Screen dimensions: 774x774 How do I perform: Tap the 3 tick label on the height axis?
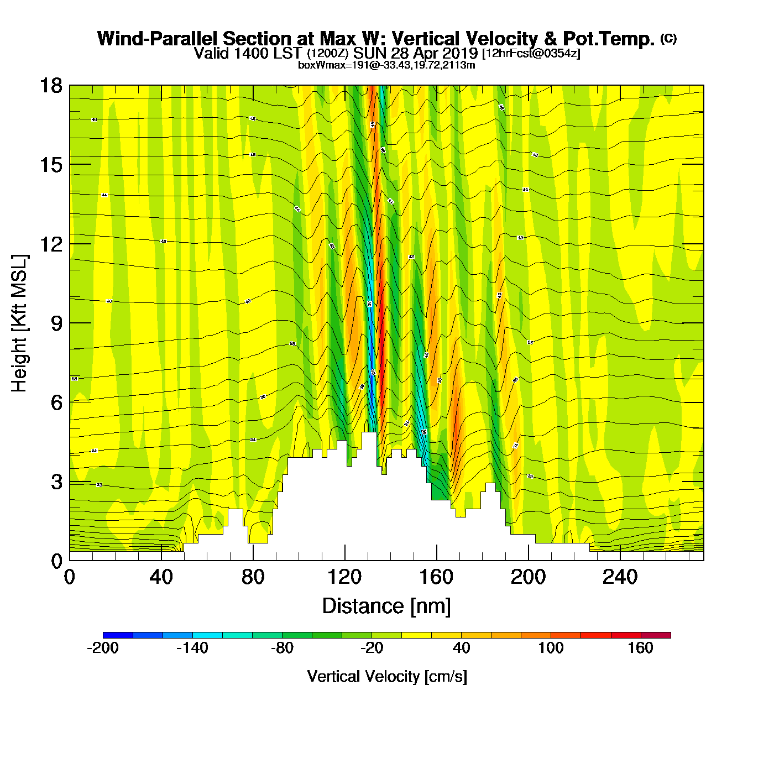tap(56, 482)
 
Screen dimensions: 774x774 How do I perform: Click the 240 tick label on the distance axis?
tap(620, 578)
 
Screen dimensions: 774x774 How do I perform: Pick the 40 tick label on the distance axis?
tap(161, 578)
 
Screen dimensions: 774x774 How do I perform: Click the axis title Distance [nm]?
tap(386, 606)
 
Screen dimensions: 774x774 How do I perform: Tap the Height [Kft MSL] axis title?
tap(19, 323)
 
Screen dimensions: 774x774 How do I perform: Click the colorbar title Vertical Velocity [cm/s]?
tap(387, 676)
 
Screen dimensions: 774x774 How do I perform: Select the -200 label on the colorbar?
tap(103, 648)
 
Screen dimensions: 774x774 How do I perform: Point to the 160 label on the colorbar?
tap(640, 648)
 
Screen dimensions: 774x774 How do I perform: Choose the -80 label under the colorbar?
tap(282, 648)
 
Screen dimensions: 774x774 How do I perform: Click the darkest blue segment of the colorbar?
tap(118, 635)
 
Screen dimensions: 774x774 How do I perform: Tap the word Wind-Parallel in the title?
tap(158, 39)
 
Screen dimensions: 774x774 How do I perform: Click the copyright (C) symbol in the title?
tap(668, 38)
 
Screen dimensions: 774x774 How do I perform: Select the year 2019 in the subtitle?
tap(459, 53)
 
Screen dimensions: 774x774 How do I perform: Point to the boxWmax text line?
tap(386, 65)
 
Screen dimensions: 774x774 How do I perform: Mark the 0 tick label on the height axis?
tap(56, 561)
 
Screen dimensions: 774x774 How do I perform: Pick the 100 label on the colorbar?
tap(551, 648)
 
